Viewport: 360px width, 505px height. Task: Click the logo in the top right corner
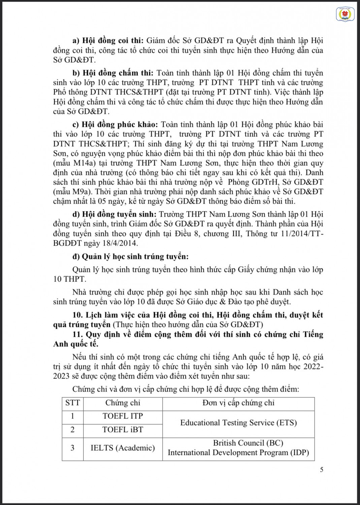(x=343, y=14)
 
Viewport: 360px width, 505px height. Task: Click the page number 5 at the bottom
(x=322, y=469)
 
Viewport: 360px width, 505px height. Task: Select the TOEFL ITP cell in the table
(x=123, y=416)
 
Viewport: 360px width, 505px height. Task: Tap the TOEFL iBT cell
(x=123, y=430)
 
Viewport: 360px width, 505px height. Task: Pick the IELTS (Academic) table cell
(x=123, y=448)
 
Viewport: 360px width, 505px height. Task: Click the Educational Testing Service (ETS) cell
(x=238, y=423)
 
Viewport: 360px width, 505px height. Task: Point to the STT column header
(x=72, y=403)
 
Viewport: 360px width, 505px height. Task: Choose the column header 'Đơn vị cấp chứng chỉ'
(x=238, y=403)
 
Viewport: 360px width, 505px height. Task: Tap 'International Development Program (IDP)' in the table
(x=238, y=452)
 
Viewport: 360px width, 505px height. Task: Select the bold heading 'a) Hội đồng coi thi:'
(x=108, y=41)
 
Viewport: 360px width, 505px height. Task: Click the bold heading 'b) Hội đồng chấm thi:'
(x=113, y=73)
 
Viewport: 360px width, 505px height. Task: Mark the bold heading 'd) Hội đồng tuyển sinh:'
(x=114, y=214)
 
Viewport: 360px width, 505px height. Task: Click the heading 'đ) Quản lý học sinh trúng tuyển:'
(x=130, y=257)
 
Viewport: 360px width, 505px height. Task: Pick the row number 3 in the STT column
(x=72, y=448)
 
